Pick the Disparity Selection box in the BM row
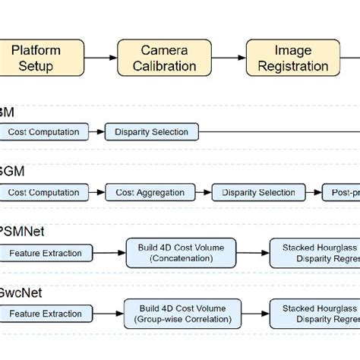click(151, 132)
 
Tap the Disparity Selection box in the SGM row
click(258, 192)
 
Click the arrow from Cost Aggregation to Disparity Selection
click(204, 192)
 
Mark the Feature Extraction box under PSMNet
click(45, 252)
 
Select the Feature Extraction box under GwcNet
click(45, 313)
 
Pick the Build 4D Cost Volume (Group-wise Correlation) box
click(183, 314)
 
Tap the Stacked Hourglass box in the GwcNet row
click(314, 314)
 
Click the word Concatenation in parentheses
click(183, 259)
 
